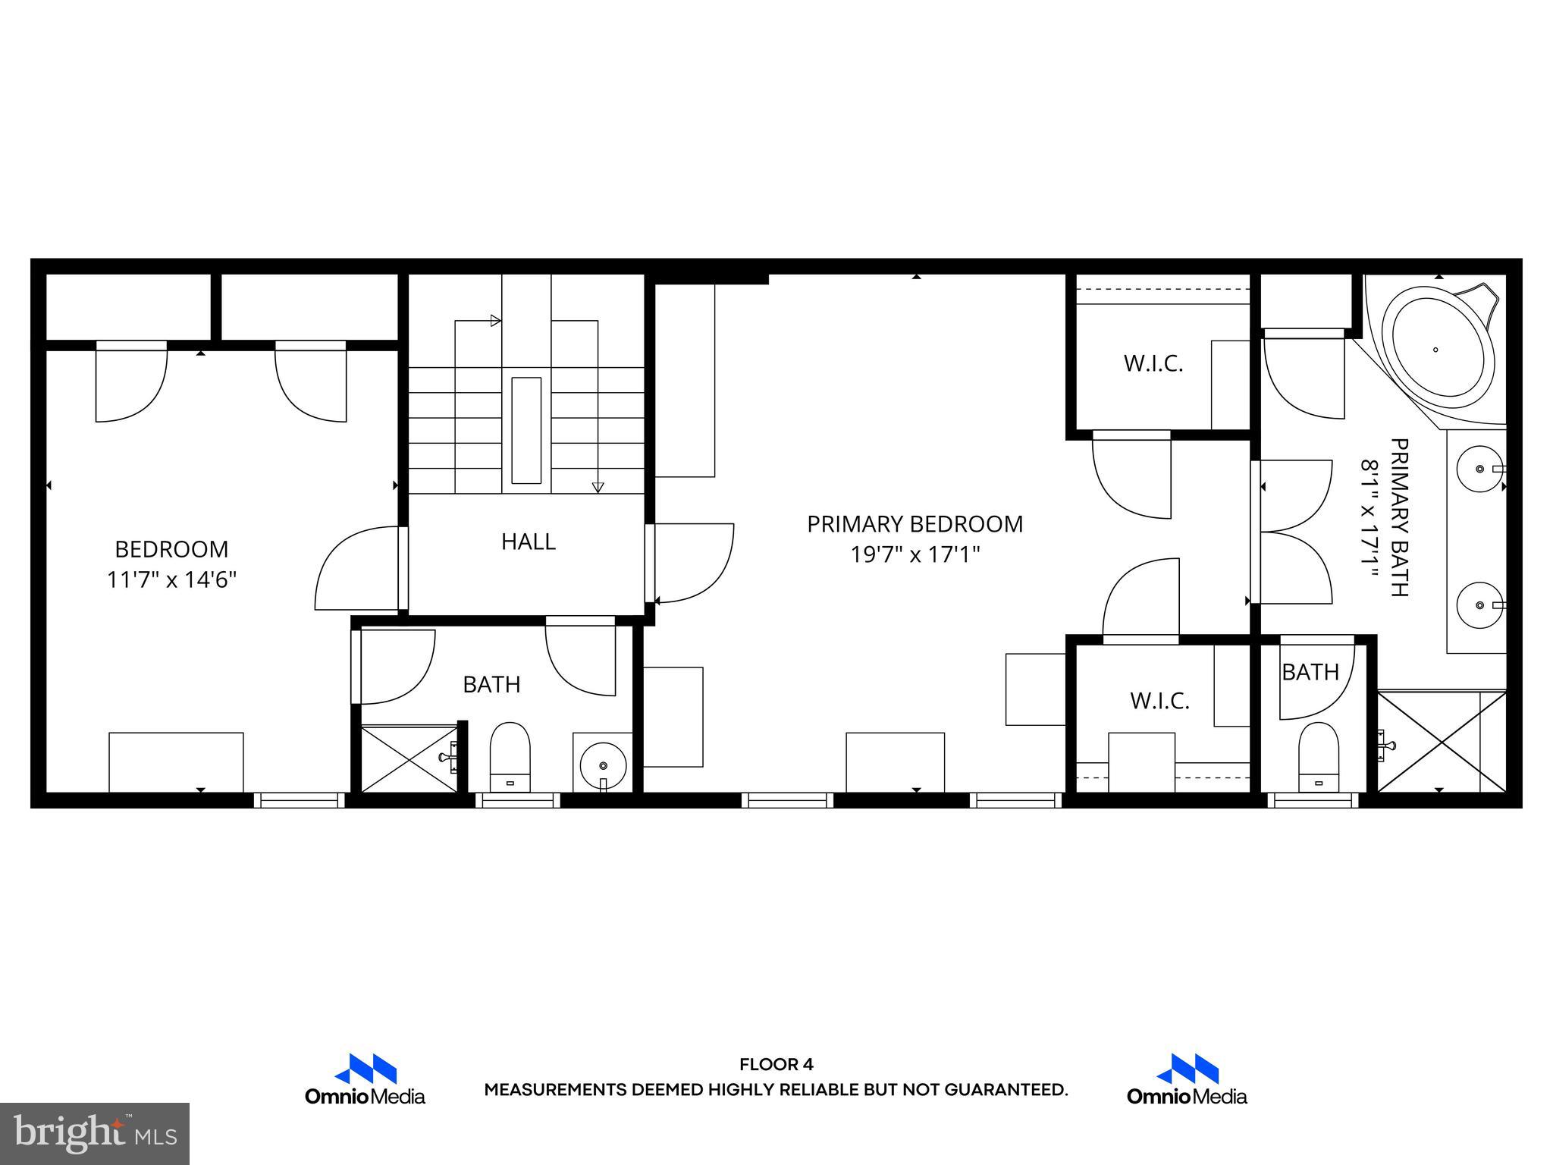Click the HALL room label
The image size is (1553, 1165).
529,542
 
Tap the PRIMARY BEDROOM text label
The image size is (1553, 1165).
915,524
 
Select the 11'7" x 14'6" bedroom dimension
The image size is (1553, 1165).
172,580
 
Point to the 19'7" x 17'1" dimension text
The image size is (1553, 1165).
915,555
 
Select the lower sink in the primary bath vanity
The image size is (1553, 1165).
1479,604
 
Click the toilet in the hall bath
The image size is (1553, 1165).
510,756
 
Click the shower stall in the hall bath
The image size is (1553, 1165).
408,758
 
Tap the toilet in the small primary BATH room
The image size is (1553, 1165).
1319,757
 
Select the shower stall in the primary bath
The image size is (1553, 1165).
1441,741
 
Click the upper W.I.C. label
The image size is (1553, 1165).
1153,364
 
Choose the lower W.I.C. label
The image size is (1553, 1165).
1159,701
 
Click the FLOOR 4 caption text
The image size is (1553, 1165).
776,1064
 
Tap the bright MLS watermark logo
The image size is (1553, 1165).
95,1133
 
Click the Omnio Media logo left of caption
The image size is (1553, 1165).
366,1079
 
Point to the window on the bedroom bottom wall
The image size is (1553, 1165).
299,799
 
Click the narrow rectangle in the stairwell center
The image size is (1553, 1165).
526,430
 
